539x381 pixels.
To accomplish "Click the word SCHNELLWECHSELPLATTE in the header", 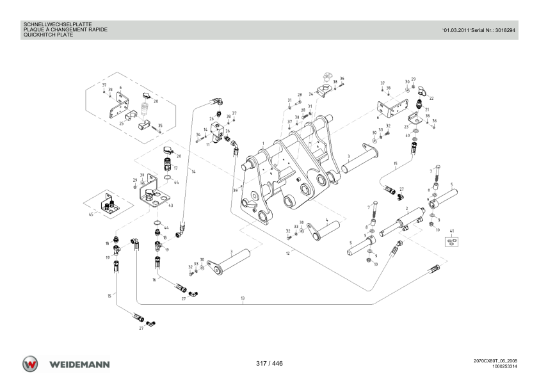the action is point(58,25).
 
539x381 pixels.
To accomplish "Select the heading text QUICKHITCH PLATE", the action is point(48,35).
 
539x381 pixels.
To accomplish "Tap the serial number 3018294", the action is point(505,30).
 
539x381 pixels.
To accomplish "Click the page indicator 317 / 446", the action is point(269,364).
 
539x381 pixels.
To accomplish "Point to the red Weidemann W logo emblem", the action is point(30,364).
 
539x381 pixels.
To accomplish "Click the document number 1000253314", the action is point(504,366).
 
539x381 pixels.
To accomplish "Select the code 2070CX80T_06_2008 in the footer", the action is point(495,361).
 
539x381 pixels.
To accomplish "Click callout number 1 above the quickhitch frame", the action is point(263,143).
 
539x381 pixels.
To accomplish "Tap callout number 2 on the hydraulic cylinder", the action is point(407,208).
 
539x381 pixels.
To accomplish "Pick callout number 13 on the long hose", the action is point(243,298).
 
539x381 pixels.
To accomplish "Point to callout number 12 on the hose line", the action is point(287,254).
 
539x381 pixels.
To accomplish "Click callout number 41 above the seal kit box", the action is point(452,231).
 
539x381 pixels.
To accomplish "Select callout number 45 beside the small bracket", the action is point(91,215).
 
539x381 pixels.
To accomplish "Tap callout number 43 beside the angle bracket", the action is point(170,206).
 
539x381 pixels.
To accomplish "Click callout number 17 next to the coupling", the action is point(175,168).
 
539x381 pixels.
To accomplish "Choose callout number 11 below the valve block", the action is point(208,145).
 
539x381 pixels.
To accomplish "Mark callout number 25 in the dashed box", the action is point(122,124).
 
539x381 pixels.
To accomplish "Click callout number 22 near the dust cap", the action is point(431,99).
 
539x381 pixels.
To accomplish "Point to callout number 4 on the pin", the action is point(327,220).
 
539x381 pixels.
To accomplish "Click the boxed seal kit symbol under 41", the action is point(452,241).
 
